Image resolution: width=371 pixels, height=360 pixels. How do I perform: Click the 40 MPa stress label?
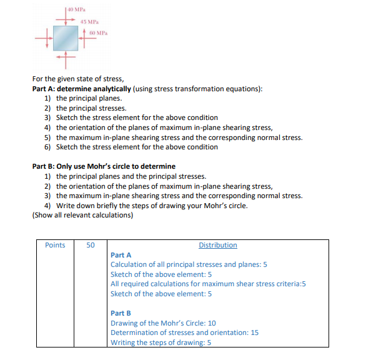point(76,9)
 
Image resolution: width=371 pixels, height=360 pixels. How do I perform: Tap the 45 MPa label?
point(89,22)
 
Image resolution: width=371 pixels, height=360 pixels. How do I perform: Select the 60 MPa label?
point(99,33)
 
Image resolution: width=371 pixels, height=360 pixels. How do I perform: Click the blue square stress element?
point(66,38)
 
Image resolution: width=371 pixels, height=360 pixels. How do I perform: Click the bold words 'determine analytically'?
point(94,89)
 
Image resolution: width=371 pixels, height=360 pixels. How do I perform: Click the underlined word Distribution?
point(218,245)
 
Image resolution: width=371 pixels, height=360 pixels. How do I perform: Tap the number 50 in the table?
point(91,245)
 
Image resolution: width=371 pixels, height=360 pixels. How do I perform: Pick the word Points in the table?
point(55,245)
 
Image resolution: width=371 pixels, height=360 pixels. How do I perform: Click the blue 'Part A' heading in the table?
point(121,255)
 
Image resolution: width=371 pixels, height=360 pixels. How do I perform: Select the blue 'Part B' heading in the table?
point(121,313)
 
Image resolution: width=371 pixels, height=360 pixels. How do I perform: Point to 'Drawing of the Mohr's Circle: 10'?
point(163,323)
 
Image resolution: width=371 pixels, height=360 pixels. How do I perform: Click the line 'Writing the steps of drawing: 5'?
point(161,342)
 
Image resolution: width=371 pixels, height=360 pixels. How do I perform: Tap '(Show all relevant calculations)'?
point(82,215)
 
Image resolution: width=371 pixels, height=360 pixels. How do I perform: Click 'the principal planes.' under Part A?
point(89,98)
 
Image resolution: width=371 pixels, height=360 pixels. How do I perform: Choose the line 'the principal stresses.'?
point(91,108)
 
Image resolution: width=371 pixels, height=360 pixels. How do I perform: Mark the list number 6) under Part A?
point(47,147)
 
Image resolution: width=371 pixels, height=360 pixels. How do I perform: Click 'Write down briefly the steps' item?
point(152,206)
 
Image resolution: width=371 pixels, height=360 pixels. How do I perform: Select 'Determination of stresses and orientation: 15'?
point(184,332)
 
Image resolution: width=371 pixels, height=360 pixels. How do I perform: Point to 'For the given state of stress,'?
point(78,79)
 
